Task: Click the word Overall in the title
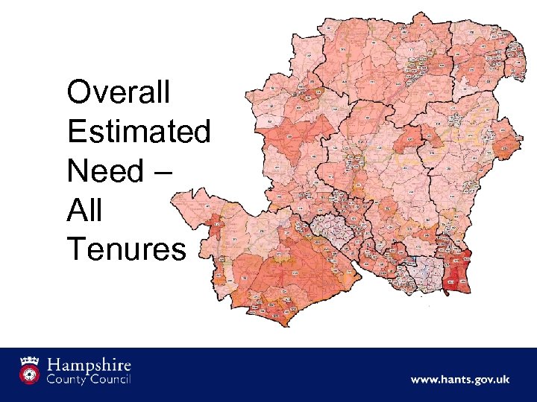[x=119, y=93]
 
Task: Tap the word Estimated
[x=139, y=132]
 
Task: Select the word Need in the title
[x=104, y=171]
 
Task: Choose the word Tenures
[x=126, y=250]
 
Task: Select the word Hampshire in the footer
[x=89, y=366]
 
